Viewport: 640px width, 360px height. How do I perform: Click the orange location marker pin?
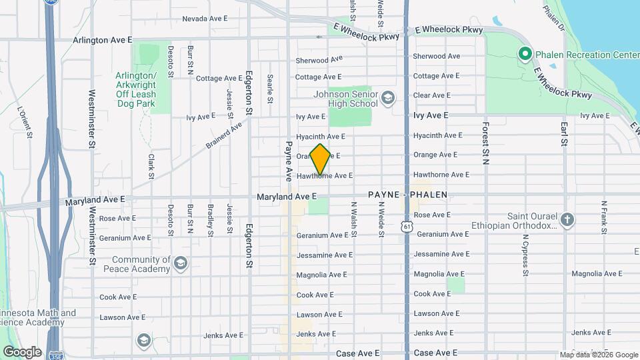coord(320,159)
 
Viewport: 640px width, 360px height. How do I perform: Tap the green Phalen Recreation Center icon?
coord(525,53)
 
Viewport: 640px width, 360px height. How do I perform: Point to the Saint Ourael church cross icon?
coord(567,219)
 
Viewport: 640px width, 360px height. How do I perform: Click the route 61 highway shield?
coord(407,227)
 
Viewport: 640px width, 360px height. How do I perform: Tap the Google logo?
coord(21,351)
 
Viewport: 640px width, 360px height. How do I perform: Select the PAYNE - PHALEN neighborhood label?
coord(407,195)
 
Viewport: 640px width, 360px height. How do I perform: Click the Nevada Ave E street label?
coord(205,19)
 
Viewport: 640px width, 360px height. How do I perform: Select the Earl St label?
coord(564,133)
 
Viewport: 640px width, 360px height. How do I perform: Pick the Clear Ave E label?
coord(431,95)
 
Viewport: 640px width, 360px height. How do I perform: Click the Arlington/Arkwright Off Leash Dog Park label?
coord(135,89)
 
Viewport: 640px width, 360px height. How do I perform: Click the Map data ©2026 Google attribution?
coord(599,355)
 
